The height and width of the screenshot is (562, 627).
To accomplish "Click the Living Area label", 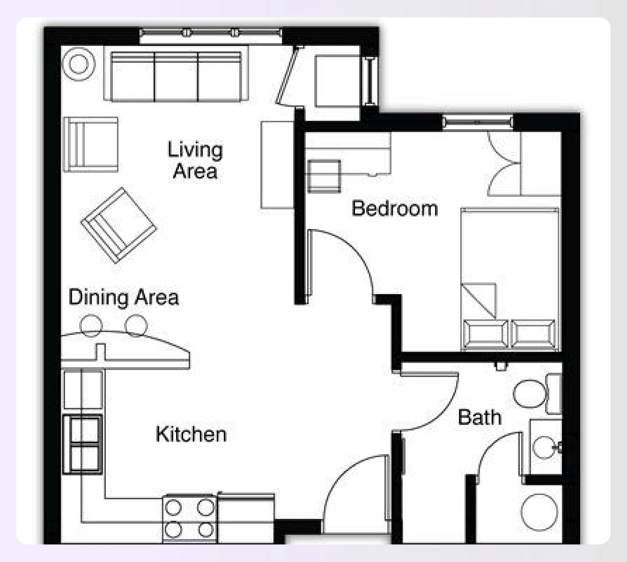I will (x=195, y=160).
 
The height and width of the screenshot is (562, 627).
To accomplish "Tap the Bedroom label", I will (x=394, y=208).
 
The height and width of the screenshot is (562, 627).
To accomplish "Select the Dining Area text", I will (x=124, y=297).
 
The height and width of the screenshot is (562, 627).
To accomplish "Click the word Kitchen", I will (x=191, y=434).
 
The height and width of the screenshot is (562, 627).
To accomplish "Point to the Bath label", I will (x=479, y=417).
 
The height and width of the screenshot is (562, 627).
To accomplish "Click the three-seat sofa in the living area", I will (x=176, y=77).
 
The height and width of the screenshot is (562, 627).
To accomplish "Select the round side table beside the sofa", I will (x=79, y=64).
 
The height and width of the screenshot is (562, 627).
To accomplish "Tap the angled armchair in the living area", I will (x=119, y=225).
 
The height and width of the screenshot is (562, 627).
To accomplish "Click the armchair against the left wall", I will (x=90, y=144).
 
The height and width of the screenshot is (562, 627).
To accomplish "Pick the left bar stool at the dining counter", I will (x=91, y=325).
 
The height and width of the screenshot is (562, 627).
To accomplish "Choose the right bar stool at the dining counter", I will (x=136, y=325).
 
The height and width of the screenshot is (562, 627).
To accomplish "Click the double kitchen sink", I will (x=83, y=444).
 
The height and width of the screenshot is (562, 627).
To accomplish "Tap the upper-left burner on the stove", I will (x=173, y=508).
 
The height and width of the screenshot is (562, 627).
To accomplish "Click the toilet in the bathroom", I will (x=534, y=393).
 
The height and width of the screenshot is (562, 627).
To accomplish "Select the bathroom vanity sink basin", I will (x=544, y=447).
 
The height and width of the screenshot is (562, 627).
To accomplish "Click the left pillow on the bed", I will (x=485, y=333).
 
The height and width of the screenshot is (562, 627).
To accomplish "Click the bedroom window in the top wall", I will (x=477, y=123).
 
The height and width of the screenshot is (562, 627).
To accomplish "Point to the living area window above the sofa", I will (x=211, y=33).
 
